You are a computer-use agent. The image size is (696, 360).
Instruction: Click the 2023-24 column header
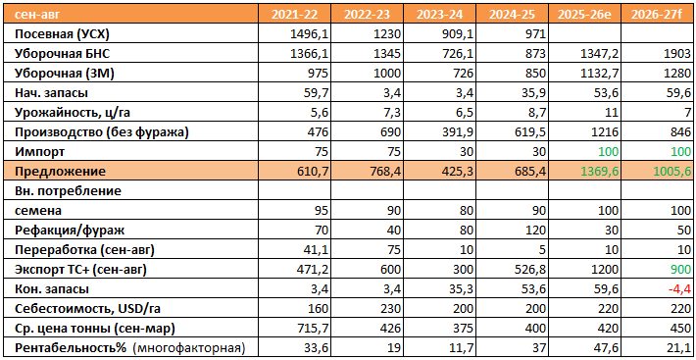point(439,15)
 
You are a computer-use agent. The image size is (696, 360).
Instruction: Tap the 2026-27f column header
point(659,15)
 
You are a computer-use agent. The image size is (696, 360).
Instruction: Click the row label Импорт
point(40,151)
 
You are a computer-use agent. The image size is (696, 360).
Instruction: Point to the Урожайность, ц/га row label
point(73,113)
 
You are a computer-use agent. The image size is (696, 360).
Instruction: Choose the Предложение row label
point(61,172)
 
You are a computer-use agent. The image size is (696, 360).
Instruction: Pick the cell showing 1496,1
point(312,34)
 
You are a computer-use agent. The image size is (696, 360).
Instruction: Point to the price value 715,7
point(315,328)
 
